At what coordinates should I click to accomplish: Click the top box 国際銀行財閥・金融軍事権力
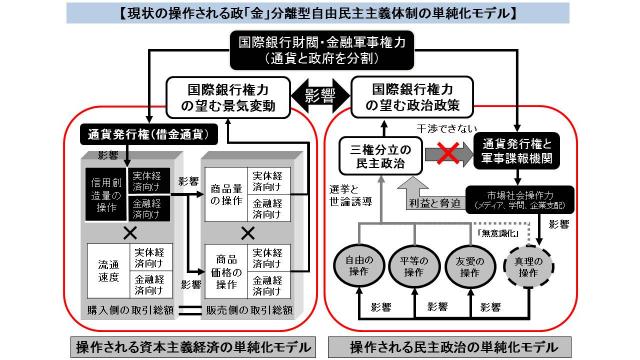tap(319, 50)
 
